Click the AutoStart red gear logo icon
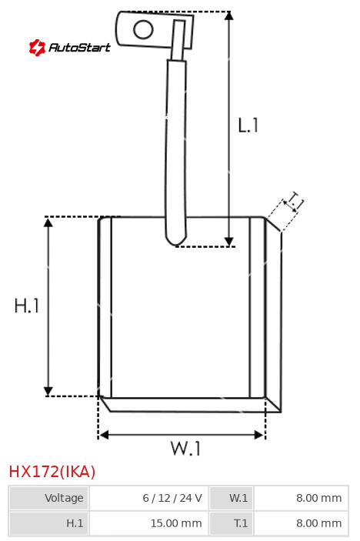tap(37, 47)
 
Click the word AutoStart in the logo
tap(80, 47)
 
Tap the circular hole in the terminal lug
tap(143, 29)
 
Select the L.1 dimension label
tap(248, 125)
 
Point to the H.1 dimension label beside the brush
tap(27, 306)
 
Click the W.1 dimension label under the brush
tap(185, 449)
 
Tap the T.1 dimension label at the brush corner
tap(294, 202)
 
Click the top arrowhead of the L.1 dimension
tap(229, 16)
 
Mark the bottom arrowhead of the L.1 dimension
tap(229, 242)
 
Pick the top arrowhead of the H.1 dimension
tap(48, 222)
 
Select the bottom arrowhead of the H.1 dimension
tap(48, 391)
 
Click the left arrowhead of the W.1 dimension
tap(104, 435)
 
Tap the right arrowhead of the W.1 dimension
tap(259, 435)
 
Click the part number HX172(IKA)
tap(52, 472)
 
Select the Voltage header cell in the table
tap(49, 498)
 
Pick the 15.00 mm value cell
tap(149, 523)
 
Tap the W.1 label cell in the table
tap(232, 498)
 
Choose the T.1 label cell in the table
tap(232, 523)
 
